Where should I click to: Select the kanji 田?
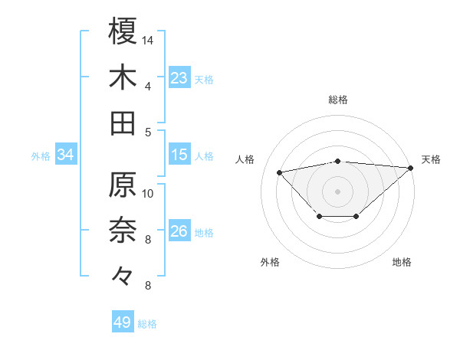pos(123,123)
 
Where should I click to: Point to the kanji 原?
pos(123,185)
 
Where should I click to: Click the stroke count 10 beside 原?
pos(149,193)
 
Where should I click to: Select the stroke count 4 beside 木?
pos(147,86)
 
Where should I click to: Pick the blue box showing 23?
pos(179,78)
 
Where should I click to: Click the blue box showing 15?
pos(179,155)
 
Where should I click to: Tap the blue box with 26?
pos(179,231)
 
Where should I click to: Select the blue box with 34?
pos(66,155)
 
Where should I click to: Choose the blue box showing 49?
pos(123,323)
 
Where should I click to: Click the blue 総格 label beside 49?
pos(147,324)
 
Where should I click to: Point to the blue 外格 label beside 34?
pos(41,156)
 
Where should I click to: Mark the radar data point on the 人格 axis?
pos(280,172)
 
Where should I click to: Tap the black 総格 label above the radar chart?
pos(338,100)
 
